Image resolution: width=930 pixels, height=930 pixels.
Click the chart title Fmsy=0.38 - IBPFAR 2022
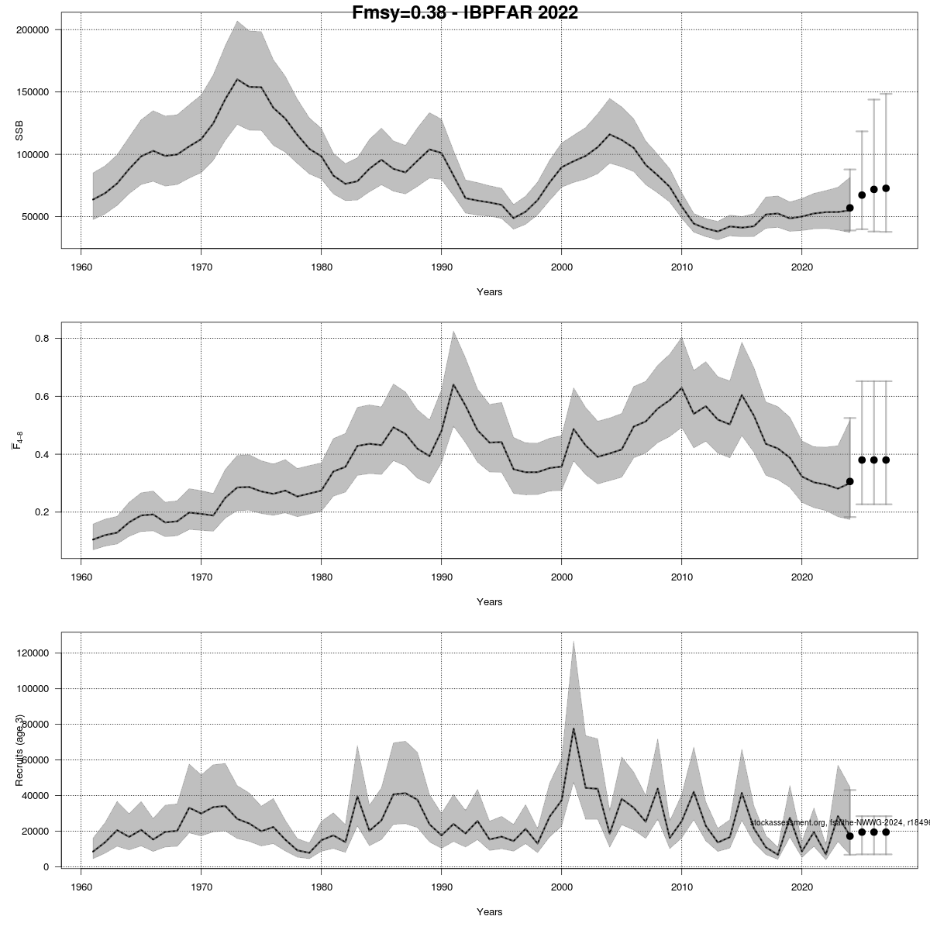point(465,12)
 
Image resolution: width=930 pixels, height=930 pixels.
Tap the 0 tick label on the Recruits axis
point(47,866)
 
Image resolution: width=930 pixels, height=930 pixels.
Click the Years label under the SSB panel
point(489,292)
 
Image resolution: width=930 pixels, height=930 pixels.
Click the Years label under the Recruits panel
point(489,912)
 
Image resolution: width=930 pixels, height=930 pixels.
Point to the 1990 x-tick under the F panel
point(441,577)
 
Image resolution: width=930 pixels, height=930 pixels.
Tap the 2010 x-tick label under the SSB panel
point(681,267)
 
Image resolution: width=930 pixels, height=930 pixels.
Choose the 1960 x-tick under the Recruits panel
point(81,887)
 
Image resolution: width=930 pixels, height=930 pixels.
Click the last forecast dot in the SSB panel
point(886,188)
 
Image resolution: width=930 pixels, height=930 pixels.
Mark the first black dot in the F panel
point(850,481)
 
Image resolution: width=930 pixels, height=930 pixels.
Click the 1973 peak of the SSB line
point(237,79)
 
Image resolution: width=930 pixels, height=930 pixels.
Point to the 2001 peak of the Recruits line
point(573,728)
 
